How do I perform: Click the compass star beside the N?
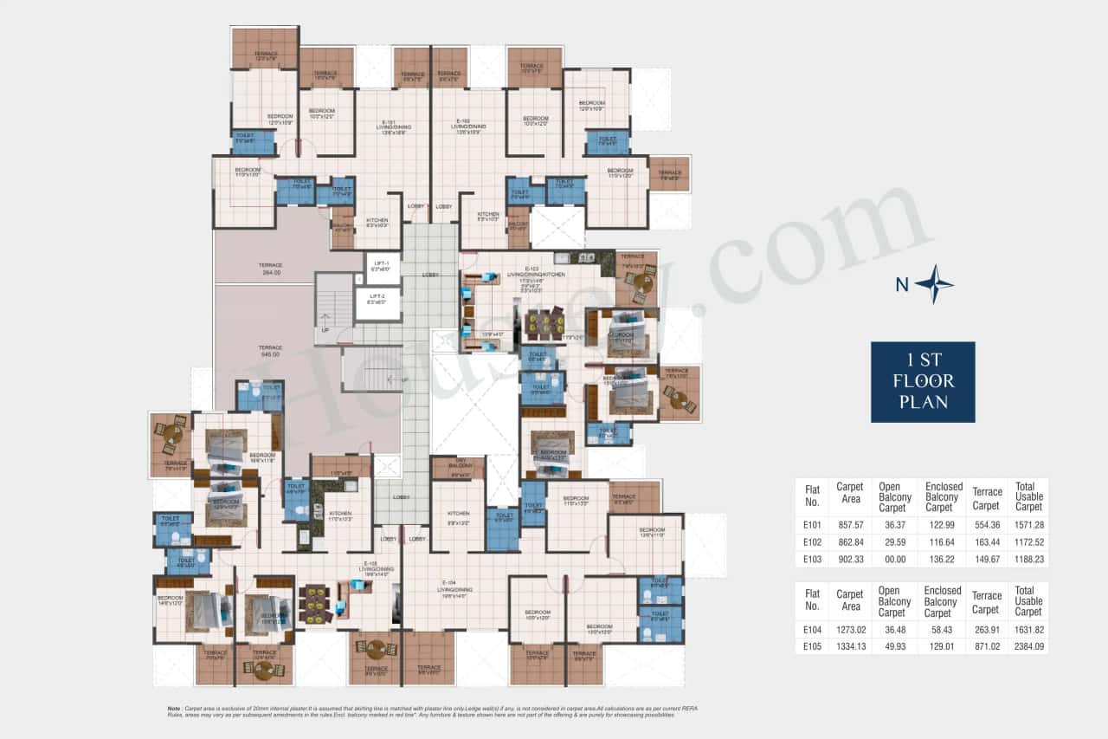[x=934, y=284]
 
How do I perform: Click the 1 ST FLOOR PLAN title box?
[x=923, y=381]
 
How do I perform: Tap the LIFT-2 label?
[x=377, y=298]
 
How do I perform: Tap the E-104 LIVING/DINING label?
[x=455, y=588]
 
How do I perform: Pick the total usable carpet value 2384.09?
[x=1028, y=645]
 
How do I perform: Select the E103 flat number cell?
[x=812, y=560]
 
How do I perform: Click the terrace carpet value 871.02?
[x=986, y=645]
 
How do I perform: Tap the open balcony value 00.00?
[x=892, y=560]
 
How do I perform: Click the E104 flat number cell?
[x=812, y=630]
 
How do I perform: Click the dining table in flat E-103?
[x=543, y=325]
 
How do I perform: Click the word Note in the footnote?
[x=175, y=708]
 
